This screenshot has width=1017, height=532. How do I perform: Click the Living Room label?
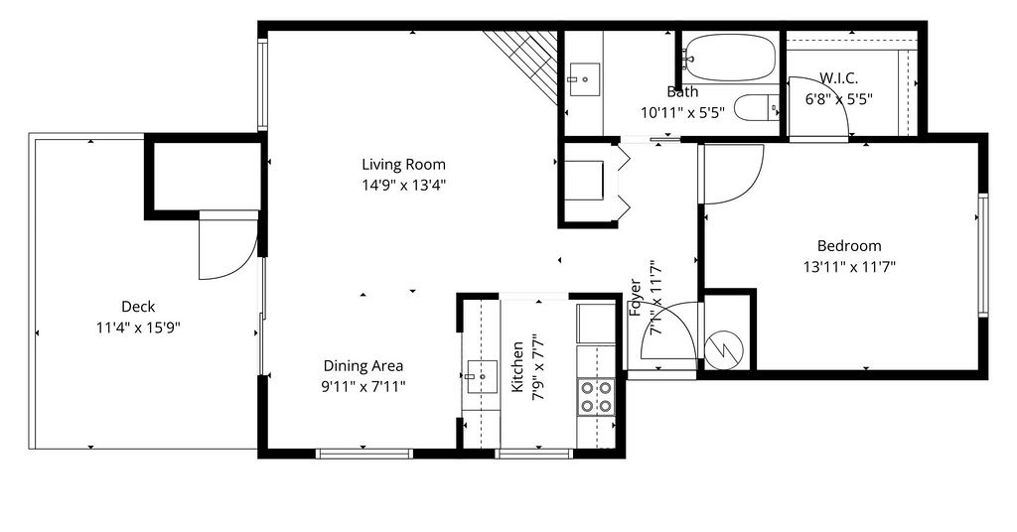coord(403,165)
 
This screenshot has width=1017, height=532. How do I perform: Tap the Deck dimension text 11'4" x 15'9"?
coord(138,328)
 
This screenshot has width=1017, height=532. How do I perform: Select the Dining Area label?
coord(363,366)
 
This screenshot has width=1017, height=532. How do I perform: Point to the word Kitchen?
coord(517,367)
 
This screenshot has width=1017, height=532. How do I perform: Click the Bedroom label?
coord(849,246)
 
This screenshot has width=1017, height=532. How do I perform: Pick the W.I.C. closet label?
coord(838,78)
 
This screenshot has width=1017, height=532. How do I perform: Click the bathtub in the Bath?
coord(730,57)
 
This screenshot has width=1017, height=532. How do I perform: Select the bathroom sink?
coord(584,79)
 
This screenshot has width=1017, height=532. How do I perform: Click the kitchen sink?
coord(482,376)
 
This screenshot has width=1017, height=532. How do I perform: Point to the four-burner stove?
coord(596,397)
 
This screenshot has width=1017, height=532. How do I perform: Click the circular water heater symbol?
coord(723,350)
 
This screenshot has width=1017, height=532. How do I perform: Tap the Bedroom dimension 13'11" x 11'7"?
coord(849,267)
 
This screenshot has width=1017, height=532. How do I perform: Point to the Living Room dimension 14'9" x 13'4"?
coord(403,186)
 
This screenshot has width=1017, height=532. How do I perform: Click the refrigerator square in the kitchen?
coord(596,324)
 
